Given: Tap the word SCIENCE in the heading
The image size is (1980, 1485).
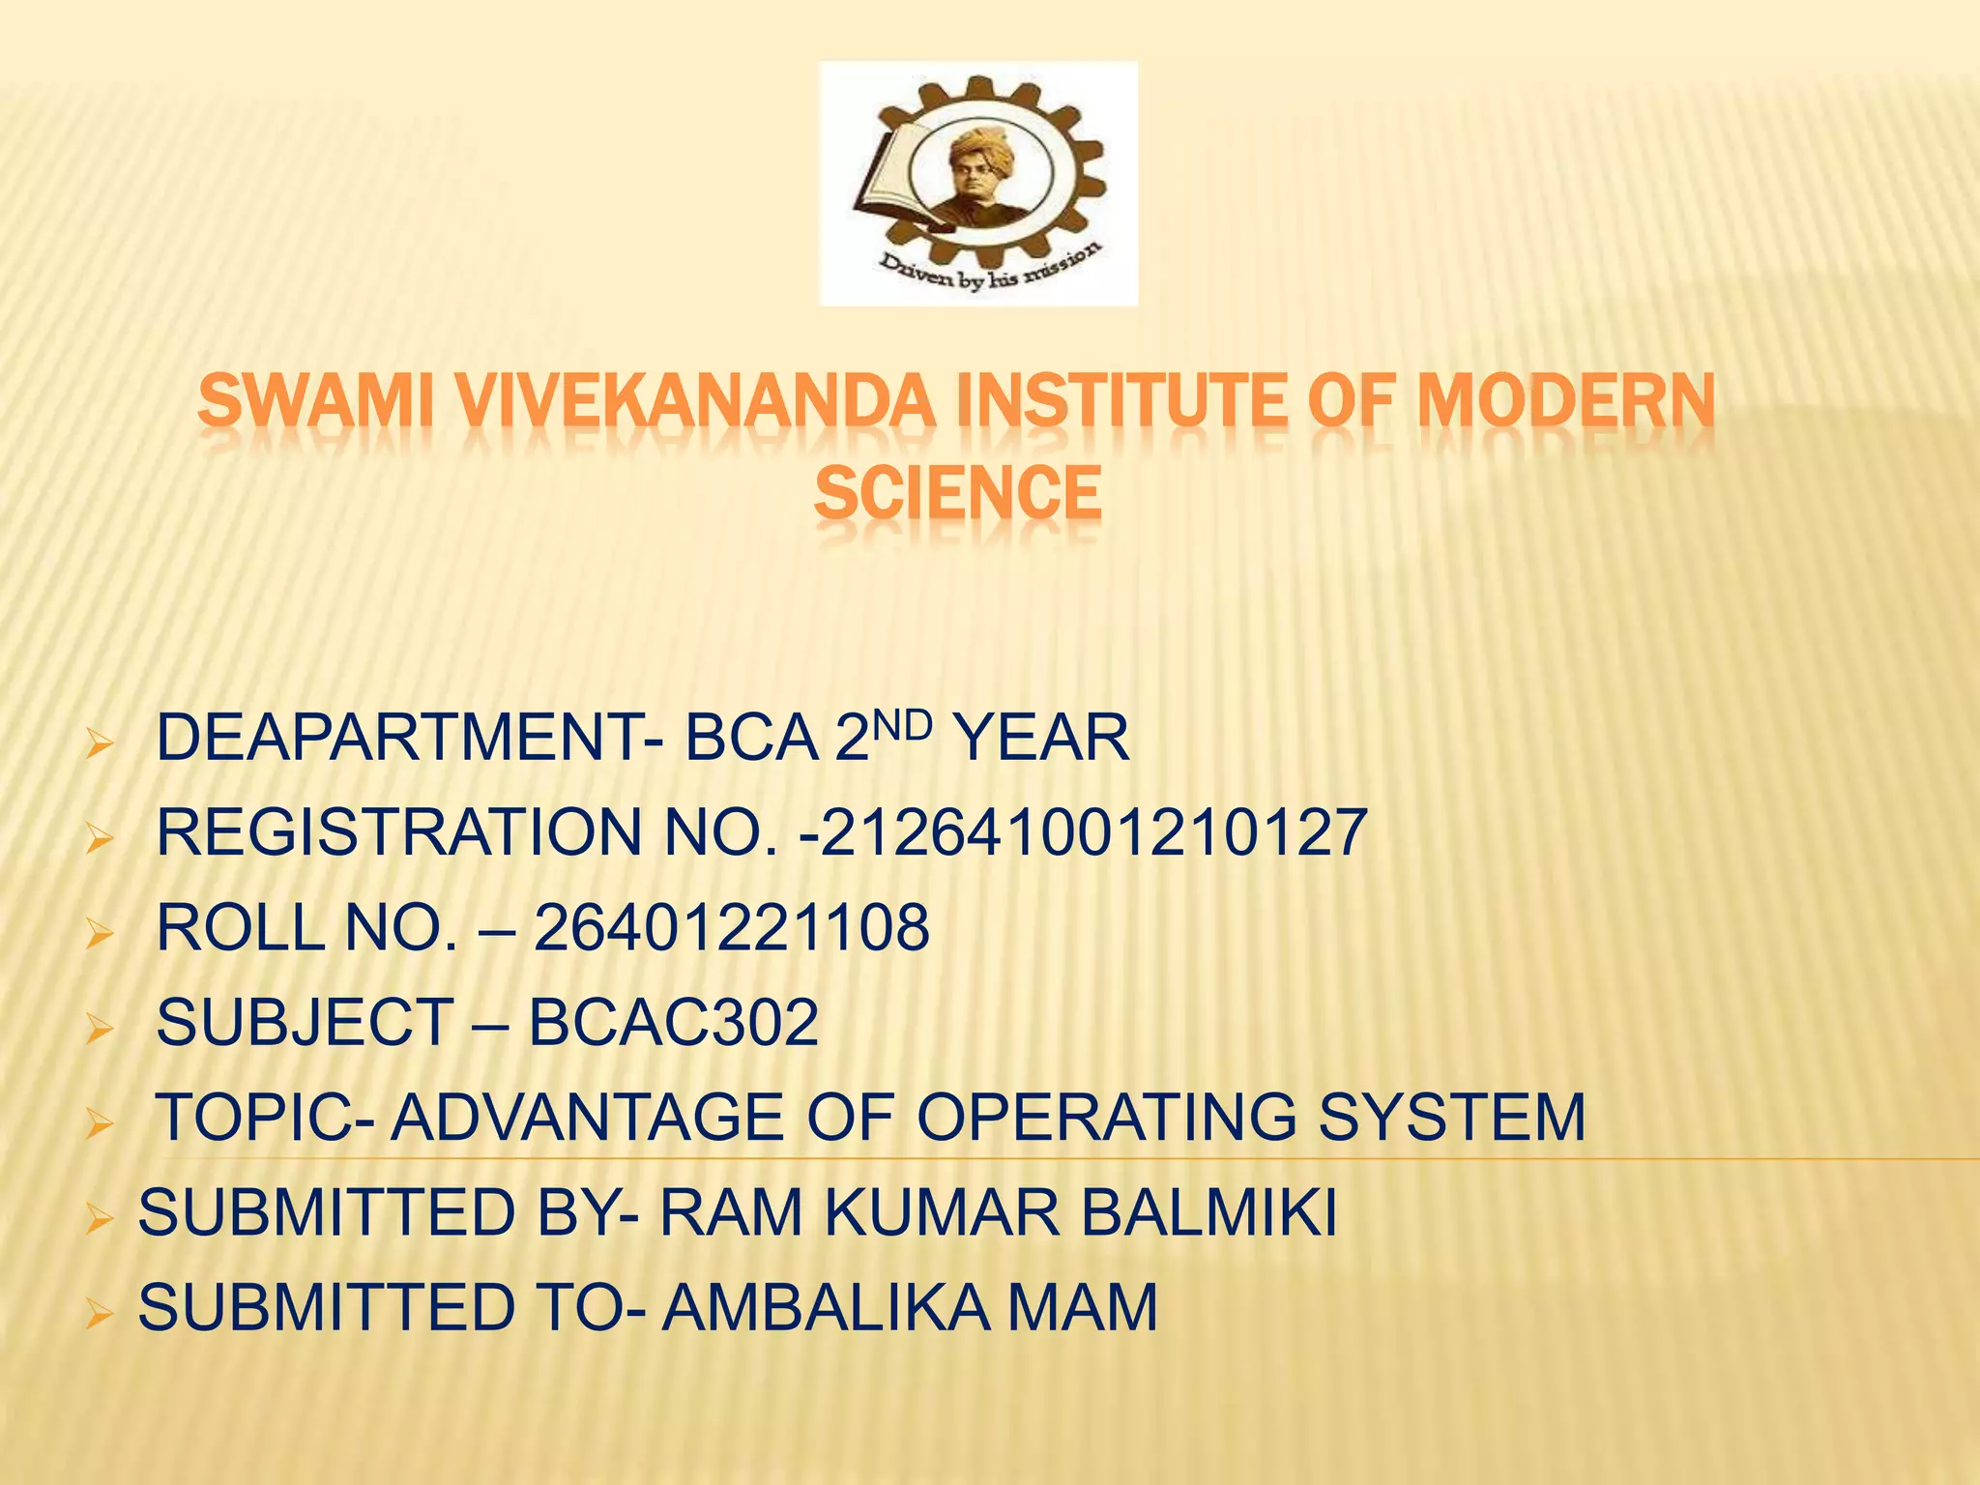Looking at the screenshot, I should [957, 493].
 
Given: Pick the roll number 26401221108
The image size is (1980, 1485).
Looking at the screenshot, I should [732, 928].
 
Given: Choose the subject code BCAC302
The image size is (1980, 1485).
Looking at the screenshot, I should [674, 1023].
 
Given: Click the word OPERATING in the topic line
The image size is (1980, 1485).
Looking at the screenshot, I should [1106, 1118].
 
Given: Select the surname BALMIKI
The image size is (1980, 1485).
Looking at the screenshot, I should [1208, 1212].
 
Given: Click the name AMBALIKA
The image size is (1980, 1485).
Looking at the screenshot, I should [826, 1307].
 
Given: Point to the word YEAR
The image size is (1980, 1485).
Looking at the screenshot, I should [1040, 739].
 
